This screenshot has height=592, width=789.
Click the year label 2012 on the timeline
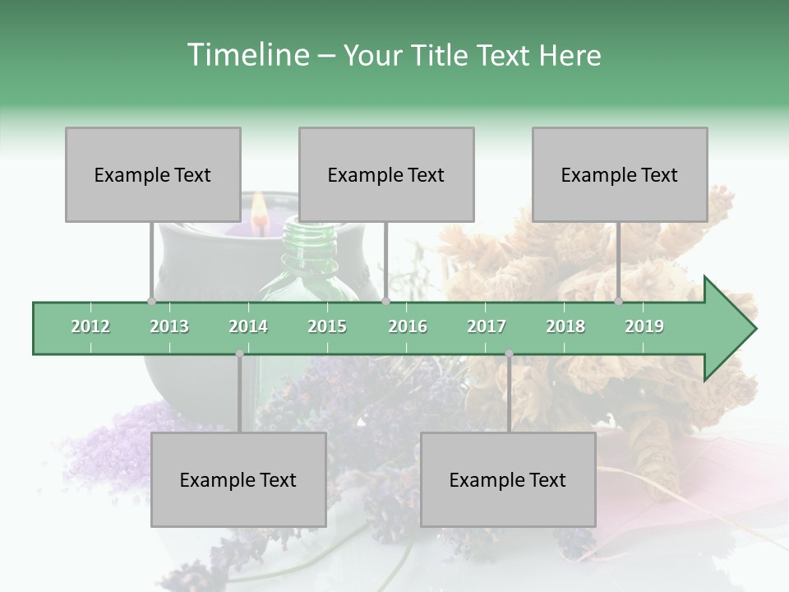point(90,326)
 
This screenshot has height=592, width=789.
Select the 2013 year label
point(169,326)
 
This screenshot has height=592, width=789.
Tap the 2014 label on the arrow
point(248,326)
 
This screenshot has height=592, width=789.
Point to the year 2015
point(327,326)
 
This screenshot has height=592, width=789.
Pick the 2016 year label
point(408,326)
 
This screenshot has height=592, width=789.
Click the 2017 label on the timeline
point(487,326)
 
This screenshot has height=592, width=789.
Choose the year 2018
point(565,326)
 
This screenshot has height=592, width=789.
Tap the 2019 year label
point(644,326)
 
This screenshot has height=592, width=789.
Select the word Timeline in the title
point(246,55)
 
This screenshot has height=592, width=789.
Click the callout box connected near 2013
point(153,174)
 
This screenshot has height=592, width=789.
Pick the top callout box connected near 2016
point(386,174)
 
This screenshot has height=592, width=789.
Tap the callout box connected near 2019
point(620,174)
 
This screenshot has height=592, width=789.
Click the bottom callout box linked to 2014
point(238,479)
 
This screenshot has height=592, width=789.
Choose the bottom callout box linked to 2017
point(508,479)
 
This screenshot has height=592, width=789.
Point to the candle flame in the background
point(259,210)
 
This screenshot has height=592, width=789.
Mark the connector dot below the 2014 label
point(239,354)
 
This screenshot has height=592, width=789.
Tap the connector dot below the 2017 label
point(510,354)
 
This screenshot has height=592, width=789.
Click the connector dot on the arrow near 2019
point(619,302)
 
